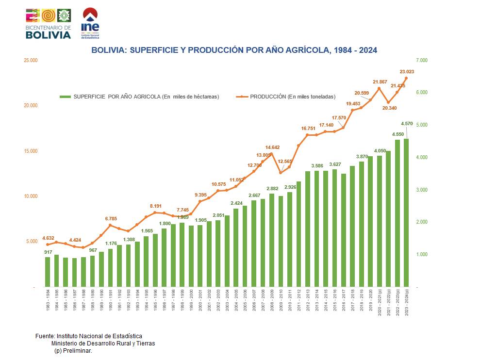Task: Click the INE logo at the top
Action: pos(90,23)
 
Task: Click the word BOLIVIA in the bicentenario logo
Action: pos(48,35)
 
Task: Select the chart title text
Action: pos(234,50)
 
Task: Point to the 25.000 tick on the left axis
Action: pos(30,60)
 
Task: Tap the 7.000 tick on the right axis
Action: pos(421,60)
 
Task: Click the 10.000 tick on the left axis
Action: pos(30,196)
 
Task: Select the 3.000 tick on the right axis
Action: pos(421,190)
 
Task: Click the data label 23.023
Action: pos(407,72)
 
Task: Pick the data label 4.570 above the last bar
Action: pos(407,123)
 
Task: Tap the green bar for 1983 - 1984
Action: pos(48,272)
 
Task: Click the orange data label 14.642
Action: pos(272,147)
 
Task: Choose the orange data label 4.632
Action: pos(48,238)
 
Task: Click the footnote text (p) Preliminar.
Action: pos(73,350)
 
